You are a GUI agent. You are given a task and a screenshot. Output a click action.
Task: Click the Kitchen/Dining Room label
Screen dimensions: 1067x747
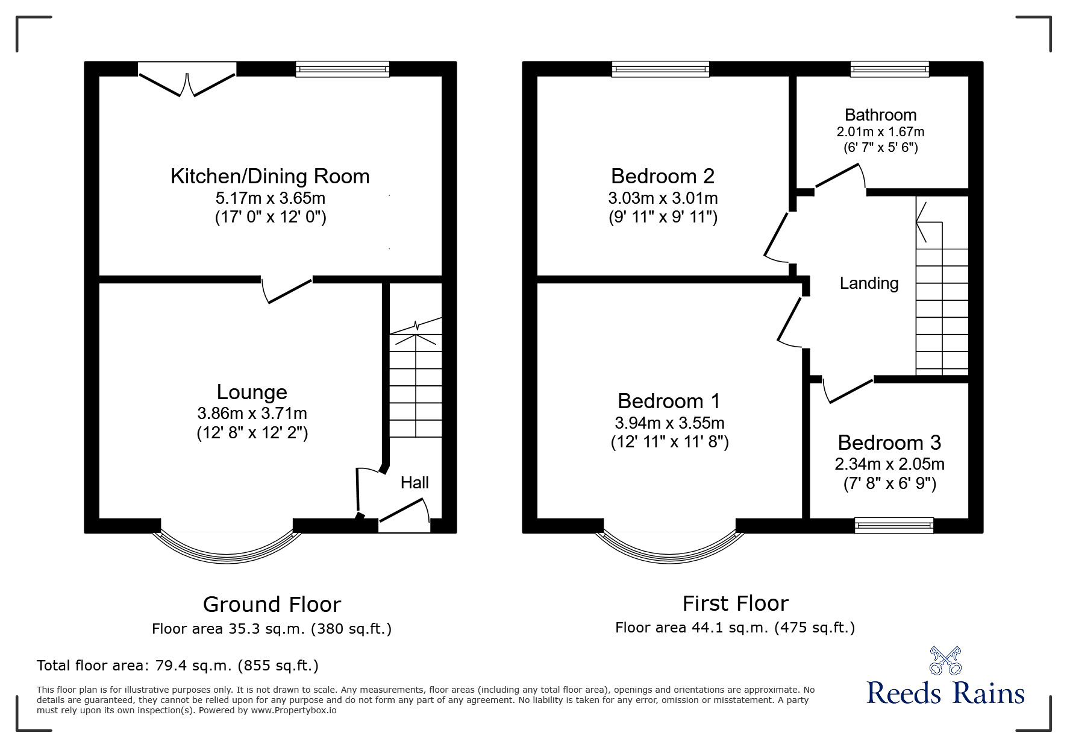point(270,176)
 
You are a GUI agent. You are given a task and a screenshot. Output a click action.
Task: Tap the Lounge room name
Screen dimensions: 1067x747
point(252,392)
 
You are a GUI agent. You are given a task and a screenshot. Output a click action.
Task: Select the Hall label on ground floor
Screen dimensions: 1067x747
point(415,482)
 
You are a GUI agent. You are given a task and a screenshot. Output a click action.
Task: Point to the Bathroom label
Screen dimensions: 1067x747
point(880,115)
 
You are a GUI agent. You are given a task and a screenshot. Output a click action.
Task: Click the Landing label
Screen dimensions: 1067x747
point(869,283)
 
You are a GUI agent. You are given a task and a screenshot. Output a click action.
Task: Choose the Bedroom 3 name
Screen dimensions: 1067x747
point(889,443)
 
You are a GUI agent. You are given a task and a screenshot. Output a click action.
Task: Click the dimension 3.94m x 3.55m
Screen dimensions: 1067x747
point(669,423)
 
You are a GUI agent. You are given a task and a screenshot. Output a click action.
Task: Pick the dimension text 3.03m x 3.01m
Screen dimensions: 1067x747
point(663,198)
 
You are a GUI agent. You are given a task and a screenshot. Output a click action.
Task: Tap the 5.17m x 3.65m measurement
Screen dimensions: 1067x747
point(271,198)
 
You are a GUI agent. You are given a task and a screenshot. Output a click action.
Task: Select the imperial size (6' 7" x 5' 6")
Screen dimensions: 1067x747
point(880,147)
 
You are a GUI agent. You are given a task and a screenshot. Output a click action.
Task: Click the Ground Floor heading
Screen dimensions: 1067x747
point(272,604)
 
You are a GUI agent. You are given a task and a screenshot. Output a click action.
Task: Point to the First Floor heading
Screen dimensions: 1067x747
point(735,603)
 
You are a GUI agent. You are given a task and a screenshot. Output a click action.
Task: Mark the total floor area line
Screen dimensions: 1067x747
point(178,666)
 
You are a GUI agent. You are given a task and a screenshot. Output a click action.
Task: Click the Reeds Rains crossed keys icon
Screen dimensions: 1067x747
point(945,660)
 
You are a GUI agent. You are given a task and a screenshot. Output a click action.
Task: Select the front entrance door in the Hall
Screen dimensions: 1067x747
point(404,514)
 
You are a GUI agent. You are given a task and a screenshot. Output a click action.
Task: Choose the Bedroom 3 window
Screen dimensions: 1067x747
point(894,525)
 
